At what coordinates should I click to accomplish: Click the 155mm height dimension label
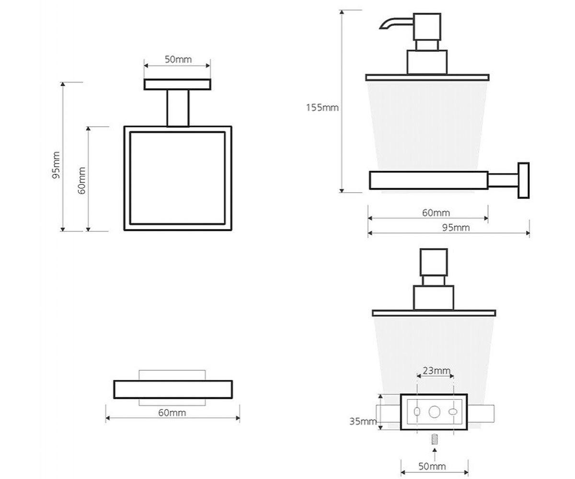click(x=322, y=107)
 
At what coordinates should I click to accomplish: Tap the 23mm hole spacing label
click(x=437, y=371)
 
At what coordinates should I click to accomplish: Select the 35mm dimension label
click(x=363, y=422)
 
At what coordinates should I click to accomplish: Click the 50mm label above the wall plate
click(x=178, y=59)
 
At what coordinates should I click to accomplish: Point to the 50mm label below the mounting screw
click(x=432, y=466)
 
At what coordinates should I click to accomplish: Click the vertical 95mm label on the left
click(x=56, y=165)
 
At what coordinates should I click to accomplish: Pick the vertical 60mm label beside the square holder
click(x=81, y=181)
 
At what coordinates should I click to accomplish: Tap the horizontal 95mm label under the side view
click(x=456, y=228)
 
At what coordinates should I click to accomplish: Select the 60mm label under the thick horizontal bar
click(x=172, y=412)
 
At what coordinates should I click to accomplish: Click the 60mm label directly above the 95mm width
click(x=436, y=213)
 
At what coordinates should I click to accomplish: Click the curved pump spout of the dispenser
click(x=396, y=23)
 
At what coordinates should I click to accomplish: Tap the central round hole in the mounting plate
click(x=434, y=411)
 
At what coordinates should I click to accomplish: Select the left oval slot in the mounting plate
click(x=417, y=411)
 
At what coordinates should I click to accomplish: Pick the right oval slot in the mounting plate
click(x=453, y=412)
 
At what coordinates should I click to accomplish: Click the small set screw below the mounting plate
click(x=434, y=439)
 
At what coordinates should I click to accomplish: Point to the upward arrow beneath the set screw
click(x=435, y=455)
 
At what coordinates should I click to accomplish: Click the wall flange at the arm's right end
click(x=524, y=180)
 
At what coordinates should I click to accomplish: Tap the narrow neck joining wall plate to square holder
click(x=178, y=108)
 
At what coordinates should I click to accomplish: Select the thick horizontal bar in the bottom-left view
click(x=173, y=389)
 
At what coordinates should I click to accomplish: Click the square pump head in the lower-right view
click(x=434, y=262)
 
